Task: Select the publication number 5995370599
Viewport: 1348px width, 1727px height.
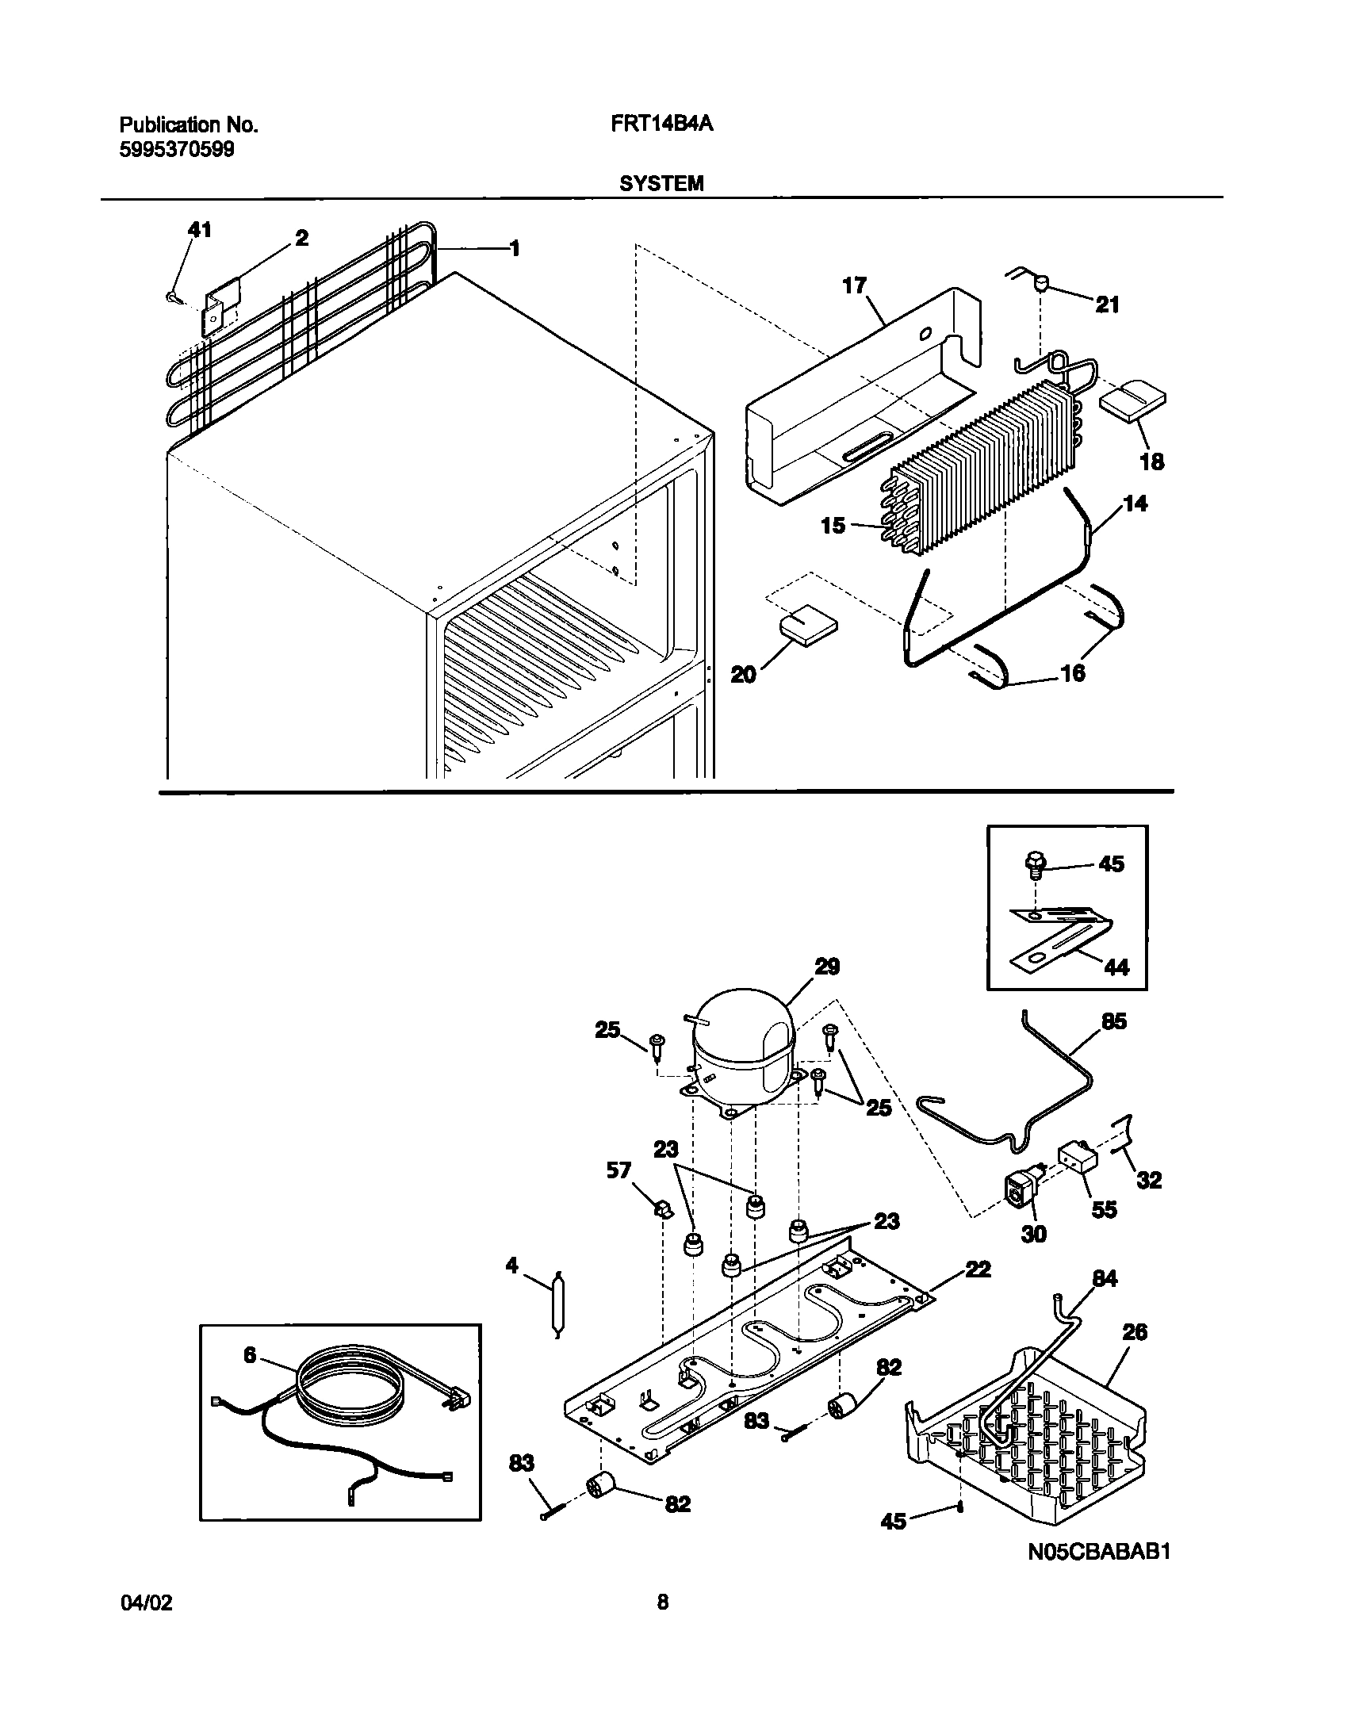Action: pyautogui.click(x=177, y=149)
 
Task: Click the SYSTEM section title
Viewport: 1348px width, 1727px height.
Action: pyautogui.click(x=661, y=184)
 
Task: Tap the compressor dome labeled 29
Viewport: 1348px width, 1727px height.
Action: pyautogui.click(x=741, y=1037)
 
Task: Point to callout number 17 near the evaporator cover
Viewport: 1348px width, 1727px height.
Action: pyautogui.click(x=854, y=285)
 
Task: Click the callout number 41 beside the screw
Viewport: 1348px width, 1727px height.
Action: pyautogui.click(x=199, y=230)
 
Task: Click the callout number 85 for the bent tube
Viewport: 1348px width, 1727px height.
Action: pyautogui.click(x=1114, y=1021)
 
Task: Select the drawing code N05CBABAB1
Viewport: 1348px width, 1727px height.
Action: pyautogui.click(x=1099, y=1551)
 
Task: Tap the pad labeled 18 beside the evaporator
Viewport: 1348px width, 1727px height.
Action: pyautogui.click(x=1132, y=404)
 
